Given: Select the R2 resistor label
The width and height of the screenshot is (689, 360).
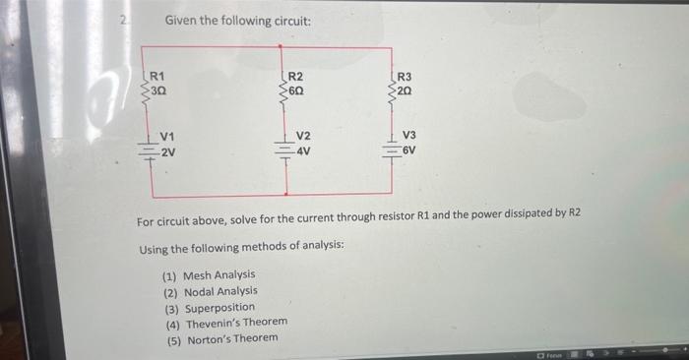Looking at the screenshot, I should [x=295, y=75].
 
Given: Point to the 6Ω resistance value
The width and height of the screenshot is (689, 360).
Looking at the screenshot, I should [x=296, y=89].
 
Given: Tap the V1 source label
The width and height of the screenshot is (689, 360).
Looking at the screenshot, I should [x=168, y=138].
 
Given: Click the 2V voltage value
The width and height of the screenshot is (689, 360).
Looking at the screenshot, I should [x=169, y=152].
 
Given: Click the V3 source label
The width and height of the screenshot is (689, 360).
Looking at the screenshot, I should [x=410, y=137].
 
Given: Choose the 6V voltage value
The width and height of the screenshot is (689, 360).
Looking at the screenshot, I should [x=410, y=151].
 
